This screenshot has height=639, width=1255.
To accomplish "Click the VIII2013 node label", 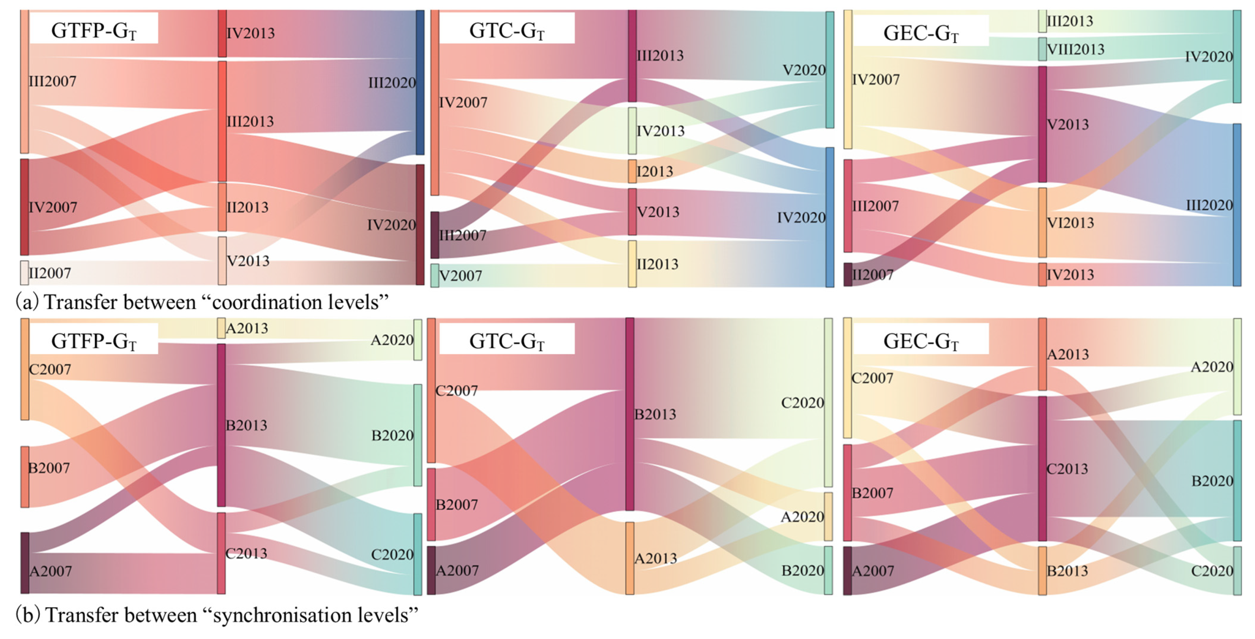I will [x=1075, y=49].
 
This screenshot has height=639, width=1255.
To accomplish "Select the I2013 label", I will [x=655, y=172].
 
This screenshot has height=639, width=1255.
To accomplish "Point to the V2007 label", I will [x=461, y=276].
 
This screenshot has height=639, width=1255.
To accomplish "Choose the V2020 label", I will [x=804, y=70].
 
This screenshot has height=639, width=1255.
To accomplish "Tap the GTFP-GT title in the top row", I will [x=94, y=31].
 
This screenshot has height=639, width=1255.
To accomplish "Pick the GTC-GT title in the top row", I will [x=507, y=31].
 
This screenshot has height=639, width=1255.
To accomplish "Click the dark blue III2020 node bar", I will [x=420, y=82].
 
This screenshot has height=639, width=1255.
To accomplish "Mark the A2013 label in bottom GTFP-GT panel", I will [x=247, y=328].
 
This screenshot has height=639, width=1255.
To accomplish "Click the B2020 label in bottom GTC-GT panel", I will [x=802, y=570].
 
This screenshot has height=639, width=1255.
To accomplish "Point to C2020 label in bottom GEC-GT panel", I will [x=1212, y=570].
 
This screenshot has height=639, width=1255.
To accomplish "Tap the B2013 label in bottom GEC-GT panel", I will [x=1067, y=570].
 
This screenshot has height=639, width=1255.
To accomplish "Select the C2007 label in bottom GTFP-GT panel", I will [x=50, y=369].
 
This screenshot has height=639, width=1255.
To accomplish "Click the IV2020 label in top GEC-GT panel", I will [x=1209, y=57].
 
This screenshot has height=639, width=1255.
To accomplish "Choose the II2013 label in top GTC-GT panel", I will [x=657, y=264].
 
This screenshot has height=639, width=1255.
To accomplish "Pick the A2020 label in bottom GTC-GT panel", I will [x=802, y=517].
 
